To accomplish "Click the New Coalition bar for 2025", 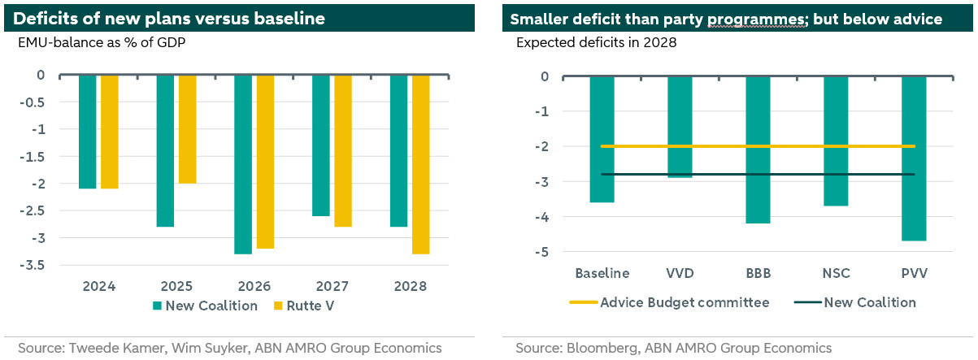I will point(165,150).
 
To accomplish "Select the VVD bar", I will point(680,127).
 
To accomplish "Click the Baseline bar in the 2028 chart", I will point(602,139).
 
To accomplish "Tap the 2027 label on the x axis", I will point(333,286).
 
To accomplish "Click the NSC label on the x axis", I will point(836,271).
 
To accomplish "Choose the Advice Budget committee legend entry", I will point(685,302).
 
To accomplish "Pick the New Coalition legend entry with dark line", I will point(869,302).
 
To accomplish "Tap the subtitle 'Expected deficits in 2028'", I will point(596,43).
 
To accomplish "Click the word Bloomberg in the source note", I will point(602,348).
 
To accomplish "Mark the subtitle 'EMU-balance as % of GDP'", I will point(102,43).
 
